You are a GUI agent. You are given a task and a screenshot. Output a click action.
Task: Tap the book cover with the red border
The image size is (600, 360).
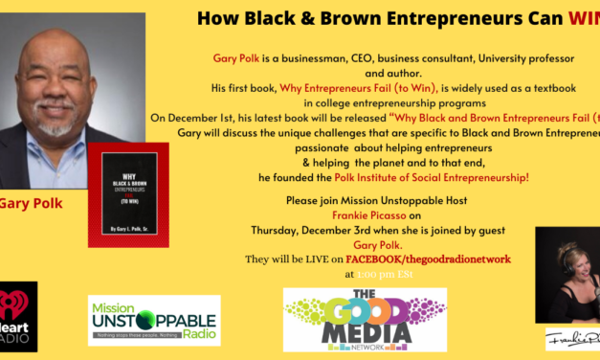[x=127, y=197]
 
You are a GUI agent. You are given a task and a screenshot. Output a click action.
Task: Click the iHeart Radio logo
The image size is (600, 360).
[x=17, y=316]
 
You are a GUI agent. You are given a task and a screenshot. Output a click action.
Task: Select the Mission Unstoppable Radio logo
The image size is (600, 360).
[x=153, y=320]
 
